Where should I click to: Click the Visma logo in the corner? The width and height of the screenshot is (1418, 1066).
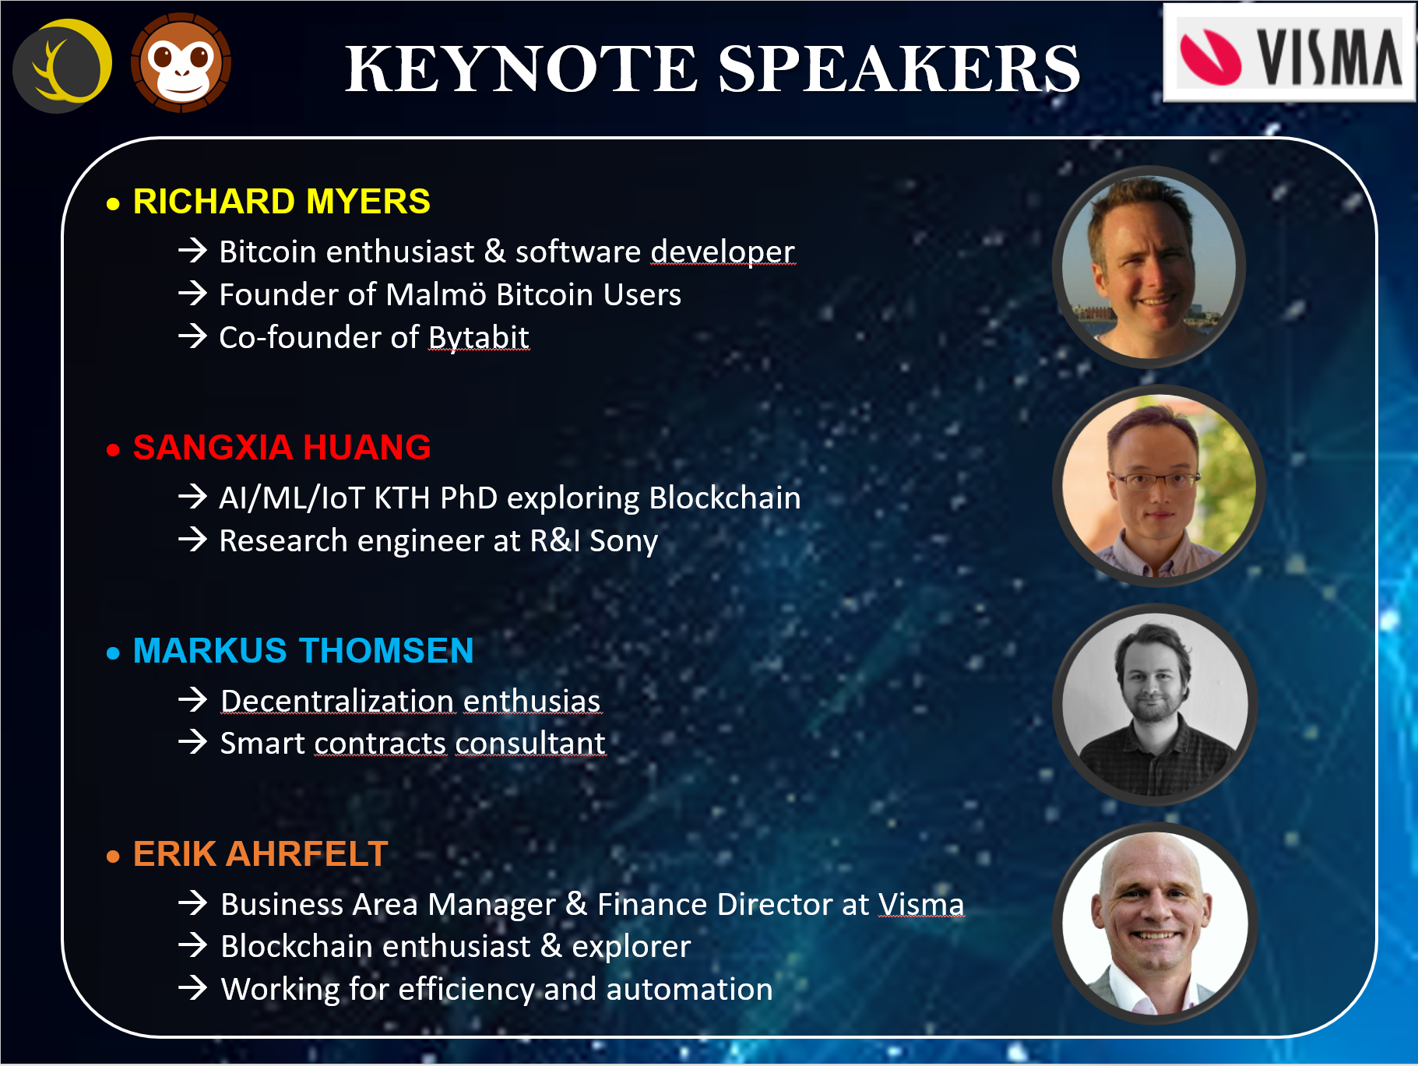click(x=1290, y=54)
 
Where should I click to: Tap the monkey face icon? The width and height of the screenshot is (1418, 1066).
click(x=181, y=63)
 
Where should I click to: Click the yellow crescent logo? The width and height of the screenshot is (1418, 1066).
click(x=63, y=65)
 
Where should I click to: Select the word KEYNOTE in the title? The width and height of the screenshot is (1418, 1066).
click(x=522, y=69)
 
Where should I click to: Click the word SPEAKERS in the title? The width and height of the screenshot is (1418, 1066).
click(x=899, y=69)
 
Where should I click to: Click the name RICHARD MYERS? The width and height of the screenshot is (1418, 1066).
click(x=281, y=202)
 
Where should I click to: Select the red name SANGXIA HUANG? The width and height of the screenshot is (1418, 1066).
click(x=282, y=448)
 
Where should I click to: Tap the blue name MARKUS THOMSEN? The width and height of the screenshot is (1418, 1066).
click(x=303, y=651)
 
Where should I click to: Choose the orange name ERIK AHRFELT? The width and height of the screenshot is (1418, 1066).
click(x=260, y=854)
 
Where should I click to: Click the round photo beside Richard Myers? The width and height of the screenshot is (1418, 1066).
click(x=1149, y=267)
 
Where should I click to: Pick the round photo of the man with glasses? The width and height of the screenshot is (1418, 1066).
click(x=1159, y=486)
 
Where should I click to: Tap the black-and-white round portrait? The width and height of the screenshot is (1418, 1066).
click(x=1155, y=705)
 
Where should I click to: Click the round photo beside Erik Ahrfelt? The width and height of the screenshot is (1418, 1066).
click(x=1155, y=924)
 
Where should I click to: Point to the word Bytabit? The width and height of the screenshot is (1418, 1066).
click(x=479, y=337)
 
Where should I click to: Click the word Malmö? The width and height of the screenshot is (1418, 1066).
click(x=436, y=294)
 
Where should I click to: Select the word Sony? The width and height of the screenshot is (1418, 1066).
click(x=624, y=541)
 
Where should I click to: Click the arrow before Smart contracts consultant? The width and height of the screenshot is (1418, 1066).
click(x=192, y=742)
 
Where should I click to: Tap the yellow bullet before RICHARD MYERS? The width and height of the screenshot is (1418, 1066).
click(x=114, y=204)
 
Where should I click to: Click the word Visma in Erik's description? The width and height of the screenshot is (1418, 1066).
click(x=921, y=905)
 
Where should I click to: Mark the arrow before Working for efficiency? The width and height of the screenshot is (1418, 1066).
click(x=192, y=988)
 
